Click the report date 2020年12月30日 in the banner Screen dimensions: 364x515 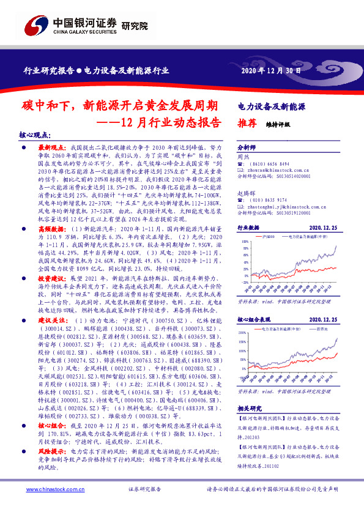pyautogui.click(x=267, y=70)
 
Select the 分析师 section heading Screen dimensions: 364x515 pyautogui.click(x=247, y=149)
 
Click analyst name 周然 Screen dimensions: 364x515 pyautogui.click(x=243, y=157)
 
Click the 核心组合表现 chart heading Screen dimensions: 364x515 pyautogui.click(x=253, y=319)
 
